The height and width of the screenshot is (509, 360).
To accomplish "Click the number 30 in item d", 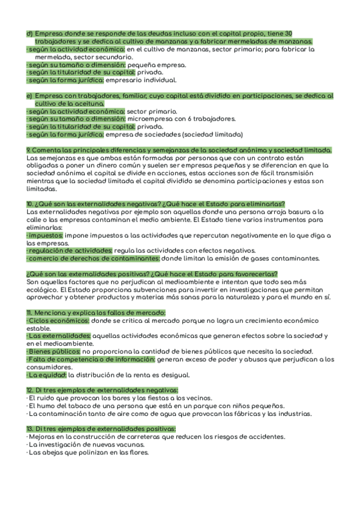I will [289, 33].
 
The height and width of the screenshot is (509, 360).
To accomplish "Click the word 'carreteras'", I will [137, 436].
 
